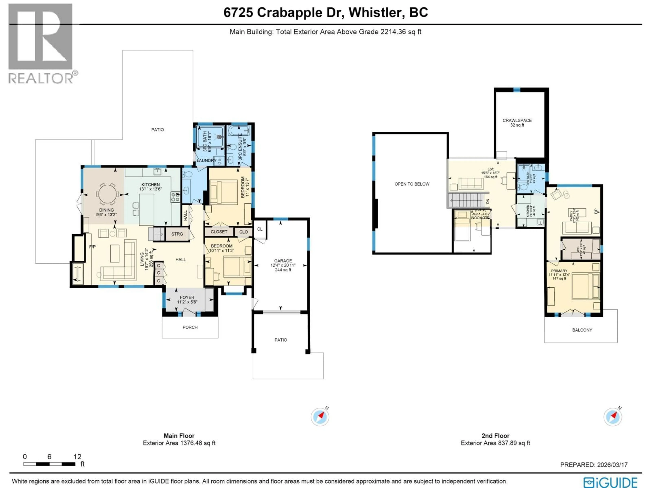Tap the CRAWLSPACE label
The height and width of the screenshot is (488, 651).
click(517, 120)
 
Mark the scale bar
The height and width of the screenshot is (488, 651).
click(50, 464)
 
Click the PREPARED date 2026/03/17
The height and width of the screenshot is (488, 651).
click(611, 465)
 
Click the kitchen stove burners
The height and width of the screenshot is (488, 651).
click(175, 197)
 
